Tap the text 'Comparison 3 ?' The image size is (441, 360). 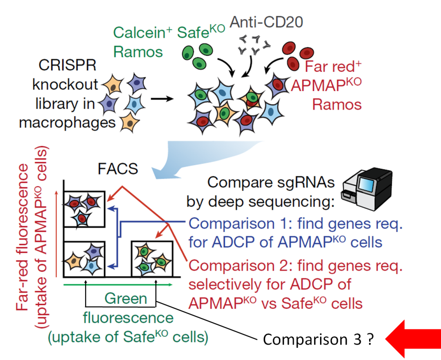click(x=318, y=340)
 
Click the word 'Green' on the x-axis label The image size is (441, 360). click(x=125, y=299)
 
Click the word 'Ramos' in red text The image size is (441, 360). click(x=337, y=104)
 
